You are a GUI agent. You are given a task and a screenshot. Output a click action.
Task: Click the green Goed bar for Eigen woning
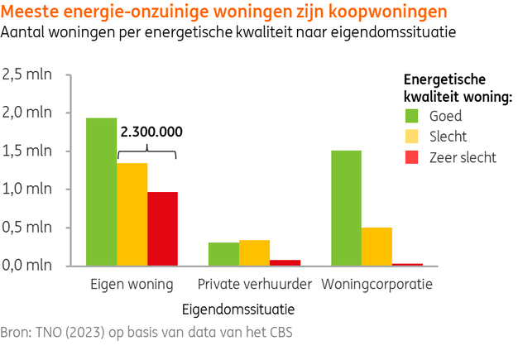(x=101, y=191)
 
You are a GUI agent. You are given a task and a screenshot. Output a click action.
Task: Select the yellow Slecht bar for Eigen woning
(x=132, y=214)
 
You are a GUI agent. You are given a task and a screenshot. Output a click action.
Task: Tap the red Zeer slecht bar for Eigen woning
(x=162, y=228)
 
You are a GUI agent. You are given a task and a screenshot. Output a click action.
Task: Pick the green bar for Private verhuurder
(x=223, y=254)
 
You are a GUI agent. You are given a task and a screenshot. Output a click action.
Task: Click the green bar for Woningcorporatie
(x=346, y=208)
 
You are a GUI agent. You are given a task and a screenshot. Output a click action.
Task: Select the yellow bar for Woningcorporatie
(x=377, y=246)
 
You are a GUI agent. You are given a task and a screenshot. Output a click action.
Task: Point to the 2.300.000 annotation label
(x=151, y=131)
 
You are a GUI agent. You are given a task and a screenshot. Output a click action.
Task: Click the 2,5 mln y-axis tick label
(x=29, y=74)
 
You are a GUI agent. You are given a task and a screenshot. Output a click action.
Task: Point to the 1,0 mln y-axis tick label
(x=29, y=190)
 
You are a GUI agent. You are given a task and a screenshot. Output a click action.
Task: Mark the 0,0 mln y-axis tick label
(x=29, y=266)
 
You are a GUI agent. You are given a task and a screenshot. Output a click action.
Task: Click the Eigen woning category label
(x=132, y=285)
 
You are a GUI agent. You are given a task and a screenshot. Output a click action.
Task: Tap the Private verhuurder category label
(x=254, y=285)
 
